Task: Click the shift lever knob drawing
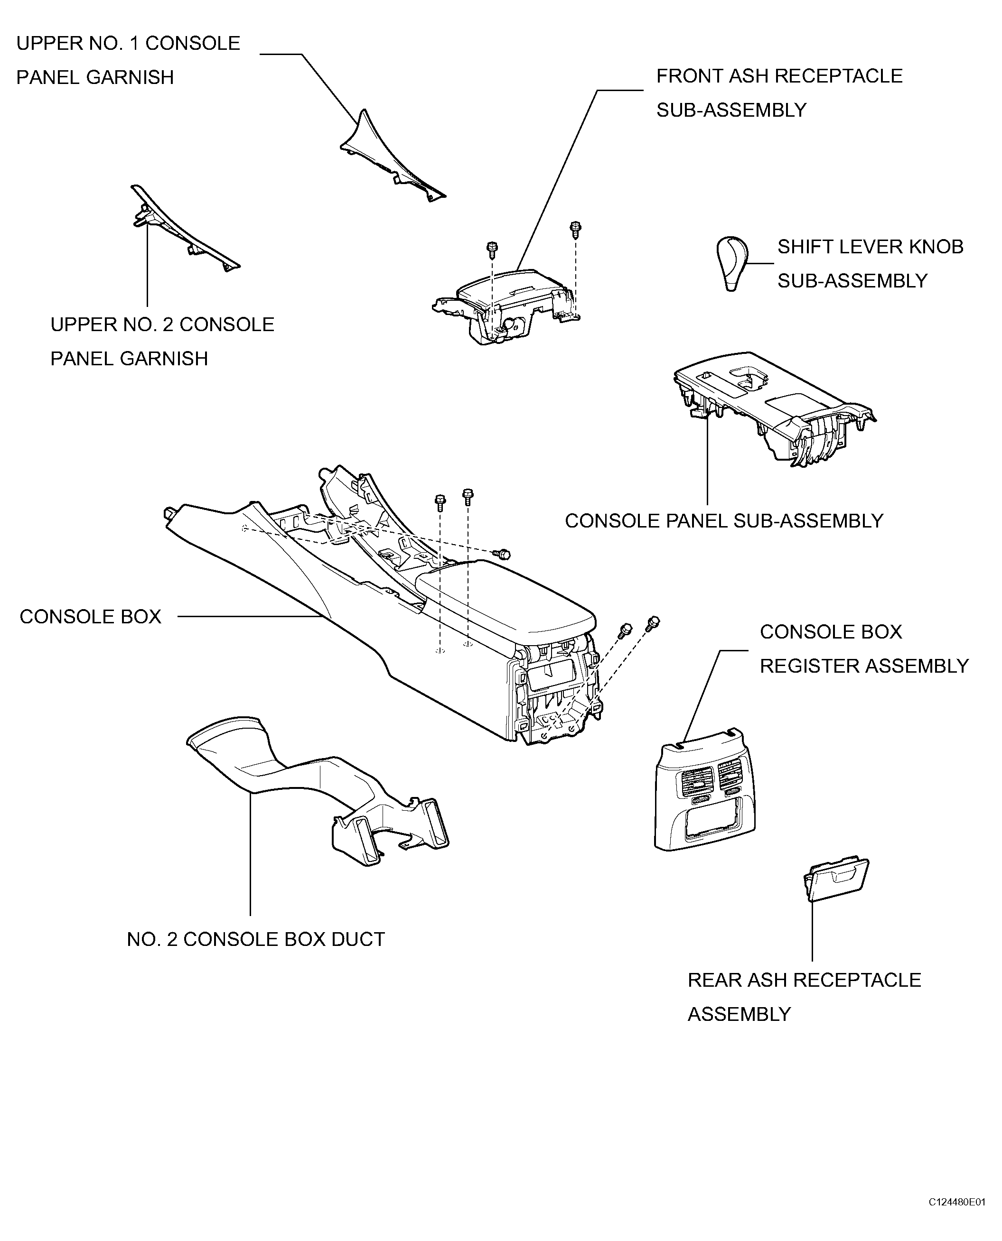[732, 262]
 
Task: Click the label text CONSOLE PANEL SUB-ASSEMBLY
[724, 521]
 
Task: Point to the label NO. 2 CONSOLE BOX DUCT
[256, 939]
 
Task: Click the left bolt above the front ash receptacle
[492, 250]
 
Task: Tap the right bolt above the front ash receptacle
[575, 229]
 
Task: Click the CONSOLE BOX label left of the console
[91, 617]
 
